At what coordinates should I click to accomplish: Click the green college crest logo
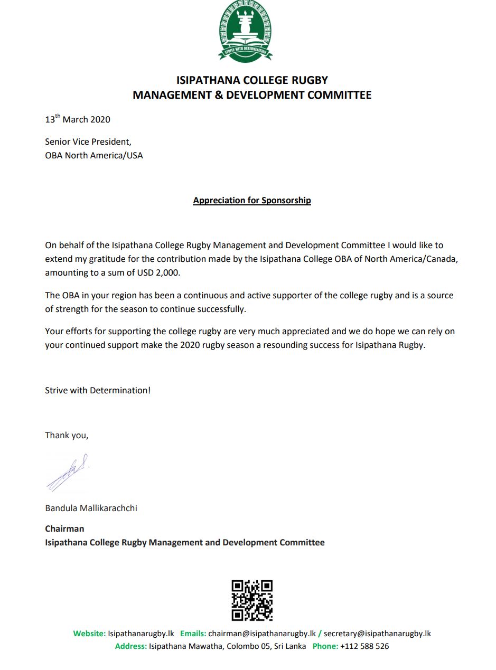pyautogui.click(x=245, y=31)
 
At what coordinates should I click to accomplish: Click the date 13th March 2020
pyautogui.click(x=78, y=119)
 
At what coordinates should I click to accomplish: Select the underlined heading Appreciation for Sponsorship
pyautogui.click(x=252, y=201)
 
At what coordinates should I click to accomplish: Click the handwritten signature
pyautogui.click(x=68, y=471)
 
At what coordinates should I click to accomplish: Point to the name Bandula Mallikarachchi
pyautogui.click(x=91, y=508)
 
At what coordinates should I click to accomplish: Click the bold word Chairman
pyautogui.click(x=64, y=529)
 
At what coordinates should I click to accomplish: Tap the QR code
pyautogui.click(x=252, y=600)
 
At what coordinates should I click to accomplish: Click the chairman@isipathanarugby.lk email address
pyautogui.click(x=262, y=634)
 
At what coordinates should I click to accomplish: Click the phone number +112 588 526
pyautogui.click(x=364, y=646)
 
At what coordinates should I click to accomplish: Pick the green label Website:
pyautogui.click(x=89, y=634)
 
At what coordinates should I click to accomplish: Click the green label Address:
pyautogui.click(x=131, y=646)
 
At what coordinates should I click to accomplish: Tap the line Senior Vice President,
pyautogui.click(x=88, y=141)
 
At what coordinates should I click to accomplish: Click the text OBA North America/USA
pyautogui.click(x=94, y=155)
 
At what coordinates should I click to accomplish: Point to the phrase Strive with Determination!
pyautogui.click(x=98, y=391)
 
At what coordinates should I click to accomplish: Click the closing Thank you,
pyautogui.click(x=67, y=436)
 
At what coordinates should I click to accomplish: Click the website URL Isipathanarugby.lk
pyautogui.click(x=141, y=634)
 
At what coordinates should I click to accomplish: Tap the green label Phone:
pyautogui.click(x=325, y=646)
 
